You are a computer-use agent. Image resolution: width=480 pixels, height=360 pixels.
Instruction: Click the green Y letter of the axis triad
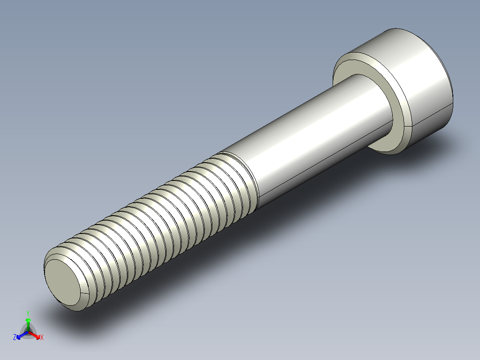coord(28,313)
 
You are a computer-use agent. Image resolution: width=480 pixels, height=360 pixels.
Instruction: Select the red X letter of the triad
coord(41,338)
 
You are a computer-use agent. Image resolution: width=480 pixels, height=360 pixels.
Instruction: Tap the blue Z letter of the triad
coord(15,338)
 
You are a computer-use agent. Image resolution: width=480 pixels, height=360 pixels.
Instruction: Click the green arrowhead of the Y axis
coord(28,320)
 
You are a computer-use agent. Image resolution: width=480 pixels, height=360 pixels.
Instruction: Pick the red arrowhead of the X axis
coord(37,335)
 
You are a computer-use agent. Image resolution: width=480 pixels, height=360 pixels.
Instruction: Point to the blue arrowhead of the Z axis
coord(19,335)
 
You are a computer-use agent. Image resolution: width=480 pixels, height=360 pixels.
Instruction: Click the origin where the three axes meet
coord(28,331)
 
